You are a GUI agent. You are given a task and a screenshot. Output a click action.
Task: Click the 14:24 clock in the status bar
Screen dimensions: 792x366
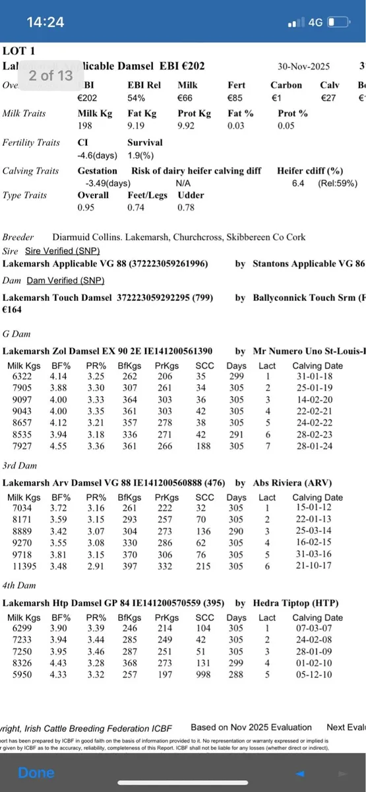(45, 22)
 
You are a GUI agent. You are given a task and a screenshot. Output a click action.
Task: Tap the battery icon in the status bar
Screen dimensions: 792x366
(338, 22)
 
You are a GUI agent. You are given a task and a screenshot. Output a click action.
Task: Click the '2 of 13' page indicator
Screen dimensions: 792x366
(51, 75)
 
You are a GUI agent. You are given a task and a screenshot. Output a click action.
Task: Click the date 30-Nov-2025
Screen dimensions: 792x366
(304, 67)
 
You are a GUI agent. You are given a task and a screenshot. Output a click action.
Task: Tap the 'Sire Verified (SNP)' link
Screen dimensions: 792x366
(62, 251)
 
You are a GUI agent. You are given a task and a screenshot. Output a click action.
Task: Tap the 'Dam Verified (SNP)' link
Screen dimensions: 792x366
(65, 280)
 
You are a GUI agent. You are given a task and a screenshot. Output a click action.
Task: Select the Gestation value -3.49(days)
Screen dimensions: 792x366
(104, 183)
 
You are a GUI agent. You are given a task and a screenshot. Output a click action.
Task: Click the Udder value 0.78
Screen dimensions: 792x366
(187, 208)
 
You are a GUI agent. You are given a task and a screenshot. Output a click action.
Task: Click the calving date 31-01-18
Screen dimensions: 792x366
(317, 376)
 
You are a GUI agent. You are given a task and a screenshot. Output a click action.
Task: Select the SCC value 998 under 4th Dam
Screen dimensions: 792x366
(205, 675)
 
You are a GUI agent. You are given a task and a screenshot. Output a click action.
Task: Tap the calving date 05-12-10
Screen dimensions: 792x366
(317, 675)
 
